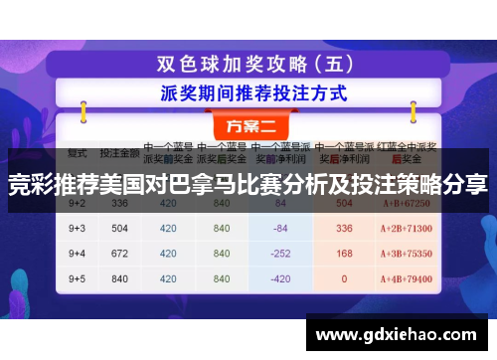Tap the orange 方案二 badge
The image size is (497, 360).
249,127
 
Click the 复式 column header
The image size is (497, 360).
78,154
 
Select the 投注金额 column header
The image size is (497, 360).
119,154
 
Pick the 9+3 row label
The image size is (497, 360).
78,228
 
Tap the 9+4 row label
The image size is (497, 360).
78,253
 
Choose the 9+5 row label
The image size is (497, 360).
78,277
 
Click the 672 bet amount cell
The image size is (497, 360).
119,253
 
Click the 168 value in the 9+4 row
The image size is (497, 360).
345,253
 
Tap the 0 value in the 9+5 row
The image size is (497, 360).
345,277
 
